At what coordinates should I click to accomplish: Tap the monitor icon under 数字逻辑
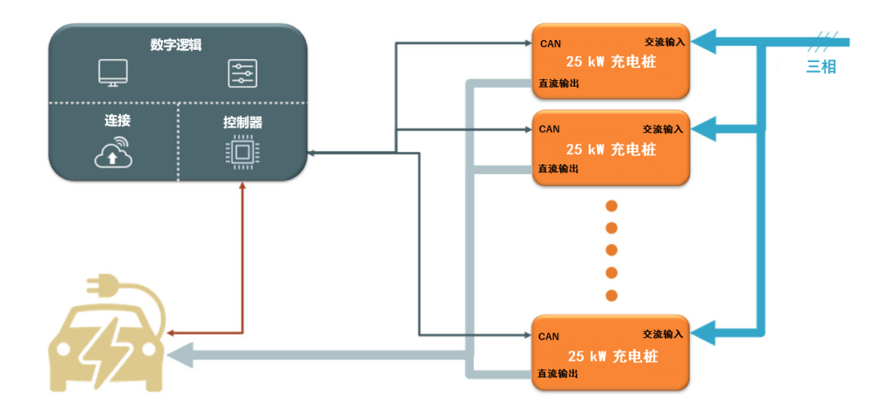coord(113,74)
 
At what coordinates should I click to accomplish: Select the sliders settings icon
coord(242,74)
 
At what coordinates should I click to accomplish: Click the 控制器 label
coord(243,123)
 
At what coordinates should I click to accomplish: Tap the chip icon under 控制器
coord(242,154)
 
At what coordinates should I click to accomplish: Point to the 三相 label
coord(821,67)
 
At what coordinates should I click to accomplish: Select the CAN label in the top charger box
coord(550,44)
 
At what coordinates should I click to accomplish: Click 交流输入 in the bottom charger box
coord(662,334)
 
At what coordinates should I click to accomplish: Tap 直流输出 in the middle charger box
coord(559,168)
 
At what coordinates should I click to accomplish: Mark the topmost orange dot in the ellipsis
coord(611,205)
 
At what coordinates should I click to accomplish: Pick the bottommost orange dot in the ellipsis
coord(611,295)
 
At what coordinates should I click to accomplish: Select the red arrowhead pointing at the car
coord(170,333)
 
